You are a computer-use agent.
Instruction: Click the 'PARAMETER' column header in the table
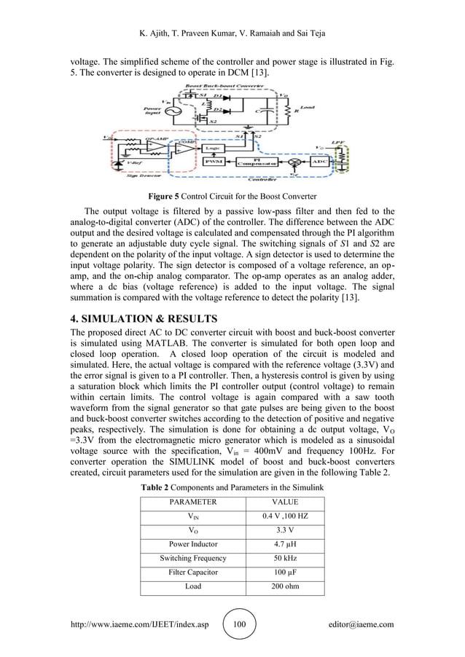(193, 502)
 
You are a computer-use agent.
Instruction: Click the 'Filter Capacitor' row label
(193, 572)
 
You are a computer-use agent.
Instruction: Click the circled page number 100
(240, 624)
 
